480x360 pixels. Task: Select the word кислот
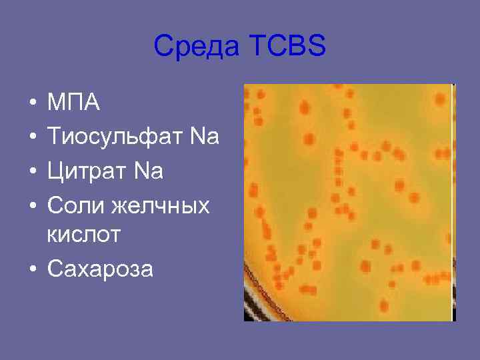tap(85, 235)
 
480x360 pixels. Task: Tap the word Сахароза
tap(100, 269)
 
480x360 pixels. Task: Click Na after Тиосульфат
tap(205, 137)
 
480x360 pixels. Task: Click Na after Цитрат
tap(149, 171)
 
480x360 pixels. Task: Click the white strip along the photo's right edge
tap(453, 200)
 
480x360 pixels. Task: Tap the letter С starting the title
tap(162, 47)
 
